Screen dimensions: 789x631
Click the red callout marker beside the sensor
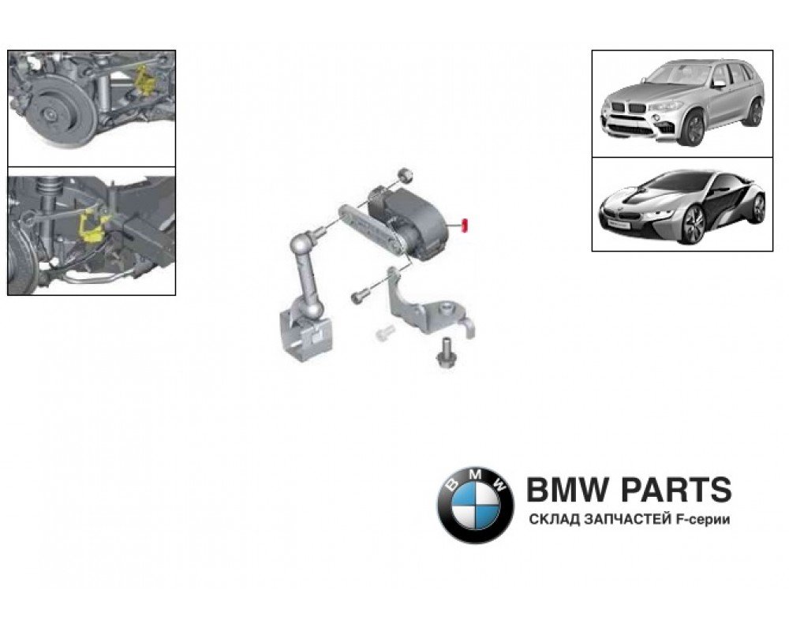click(x=465, y=225)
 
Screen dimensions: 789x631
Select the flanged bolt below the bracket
click(x=445, y=353)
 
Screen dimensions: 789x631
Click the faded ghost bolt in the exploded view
click(x=384, y=333)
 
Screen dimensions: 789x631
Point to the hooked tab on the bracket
click(x=469, y=327)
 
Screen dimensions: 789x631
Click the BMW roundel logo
click(x=475, y=505)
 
